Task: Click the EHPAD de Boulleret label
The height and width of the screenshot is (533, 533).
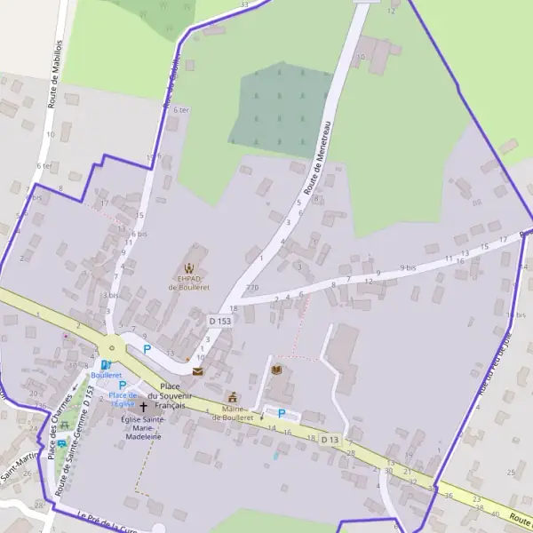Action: coord(188,282)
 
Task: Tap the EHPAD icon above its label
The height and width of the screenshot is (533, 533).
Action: coord(188,266)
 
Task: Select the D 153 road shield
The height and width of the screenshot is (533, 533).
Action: coord(219,320)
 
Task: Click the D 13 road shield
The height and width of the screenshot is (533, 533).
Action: coord(330,440)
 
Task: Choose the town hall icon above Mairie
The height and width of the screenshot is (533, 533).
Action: coord(233,397)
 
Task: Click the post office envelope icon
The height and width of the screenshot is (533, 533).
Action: coord(197,371)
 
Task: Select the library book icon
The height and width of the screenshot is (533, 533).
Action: coord(276,370)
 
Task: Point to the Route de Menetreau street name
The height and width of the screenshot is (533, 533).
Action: coord(318,157)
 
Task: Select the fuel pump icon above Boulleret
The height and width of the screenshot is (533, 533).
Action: coord(106,363)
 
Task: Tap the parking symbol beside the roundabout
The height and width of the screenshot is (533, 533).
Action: coord(147,349)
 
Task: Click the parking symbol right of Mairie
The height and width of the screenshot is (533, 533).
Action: coord(282,413)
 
